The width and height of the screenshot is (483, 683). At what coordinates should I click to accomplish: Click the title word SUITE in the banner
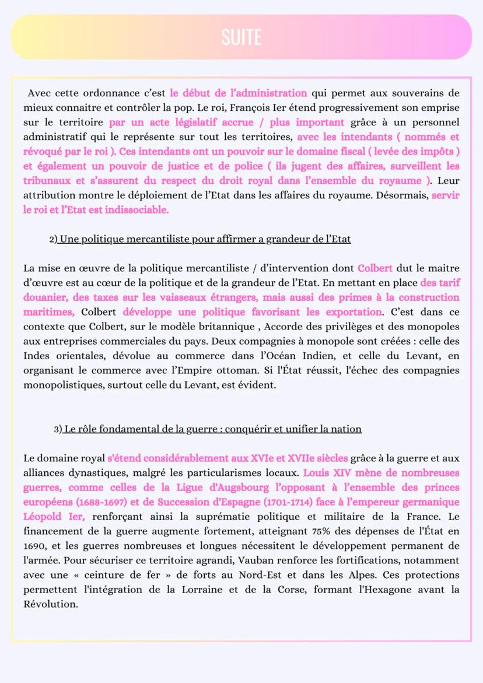241,37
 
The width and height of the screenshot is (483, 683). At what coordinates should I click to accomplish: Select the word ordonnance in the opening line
110,93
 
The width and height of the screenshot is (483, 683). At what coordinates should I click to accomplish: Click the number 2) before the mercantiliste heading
54,239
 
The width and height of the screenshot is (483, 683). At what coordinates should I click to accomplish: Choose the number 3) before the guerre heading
57,429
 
